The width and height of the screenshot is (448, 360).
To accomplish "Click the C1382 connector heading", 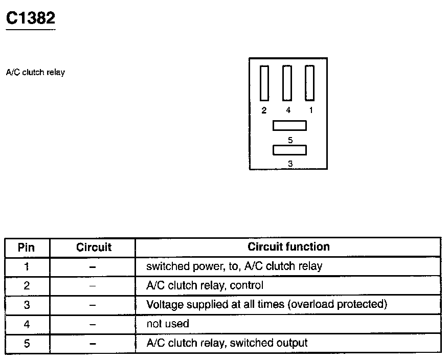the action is coord(31,18).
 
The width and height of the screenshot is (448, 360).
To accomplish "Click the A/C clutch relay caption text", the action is coord(35,72).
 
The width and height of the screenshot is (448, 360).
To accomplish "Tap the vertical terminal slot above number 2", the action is coord(264,83).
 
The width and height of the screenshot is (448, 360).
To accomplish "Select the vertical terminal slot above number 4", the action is coord(287,83).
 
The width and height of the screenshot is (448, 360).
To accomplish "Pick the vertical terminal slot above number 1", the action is coord(310,83).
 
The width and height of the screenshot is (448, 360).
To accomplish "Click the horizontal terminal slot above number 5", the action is coord(289,126).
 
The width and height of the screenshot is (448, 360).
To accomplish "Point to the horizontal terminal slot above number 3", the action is coord(289,150).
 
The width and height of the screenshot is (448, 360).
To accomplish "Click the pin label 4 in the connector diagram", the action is coord(288,110).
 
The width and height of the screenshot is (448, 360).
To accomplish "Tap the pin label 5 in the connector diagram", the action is coord(290,140).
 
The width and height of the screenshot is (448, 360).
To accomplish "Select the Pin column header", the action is coord(26,247).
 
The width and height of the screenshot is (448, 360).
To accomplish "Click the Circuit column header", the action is coord(94,247).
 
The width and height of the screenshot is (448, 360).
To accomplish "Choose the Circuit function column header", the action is coord(288,246).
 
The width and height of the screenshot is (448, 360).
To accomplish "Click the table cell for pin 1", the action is coord(27,267).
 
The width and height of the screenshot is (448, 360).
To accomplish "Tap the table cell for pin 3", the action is coord(27,305).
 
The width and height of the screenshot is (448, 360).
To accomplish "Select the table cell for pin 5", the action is coord(27,343).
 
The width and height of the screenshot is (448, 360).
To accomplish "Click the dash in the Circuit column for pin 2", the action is coord(92,286).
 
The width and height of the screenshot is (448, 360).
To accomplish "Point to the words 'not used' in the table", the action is coord(168,324).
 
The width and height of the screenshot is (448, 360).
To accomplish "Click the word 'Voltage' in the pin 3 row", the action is coord(165,305).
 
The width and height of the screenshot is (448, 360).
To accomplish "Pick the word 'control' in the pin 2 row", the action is coord(247,285).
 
